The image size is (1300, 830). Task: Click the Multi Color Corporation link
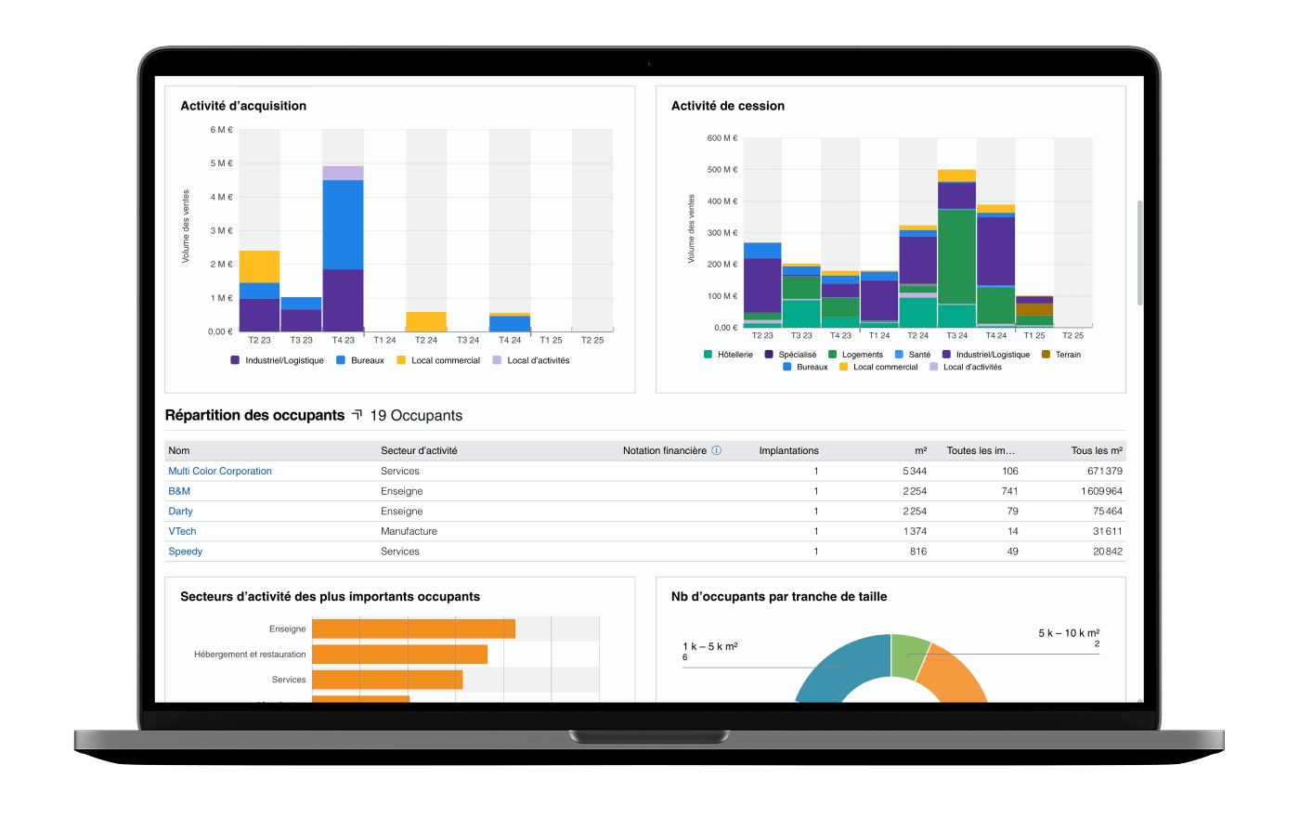tap(220, 471)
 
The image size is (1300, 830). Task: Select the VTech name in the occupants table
tap(182, 531)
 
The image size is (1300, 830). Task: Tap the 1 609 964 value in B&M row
tap(1101, 491)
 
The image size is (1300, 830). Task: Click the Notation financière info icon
tap(716, 450)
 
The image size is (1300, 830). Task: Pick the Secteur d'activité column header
tap(419, 450)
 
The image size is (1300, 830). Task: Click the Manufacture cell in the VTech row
tap(409, 531)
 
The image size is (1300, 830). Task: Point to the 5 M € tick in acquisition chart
tap(221, 163)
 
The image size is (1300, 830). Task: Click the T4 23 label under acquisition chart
tap(343, 340)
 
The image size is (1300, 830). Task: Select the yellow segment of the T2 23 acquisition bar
tap(259, 266)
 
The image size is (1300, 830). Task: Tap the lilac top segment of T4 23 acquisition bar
tap(343, 173)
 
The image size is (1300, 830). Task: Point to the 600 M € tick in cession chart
tap(721, 138)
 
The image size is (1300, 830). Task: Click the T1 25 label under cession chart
tap(1033, 335)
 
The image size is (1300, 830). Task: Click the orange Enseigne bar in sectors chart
tap(413, 629)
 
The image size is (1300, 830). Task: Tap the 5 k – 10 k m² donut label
tap(1069, 633)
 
